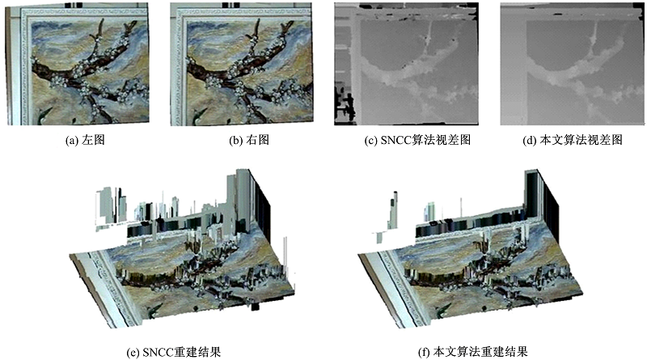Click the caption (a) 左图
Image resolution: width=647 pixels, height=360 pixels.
85,141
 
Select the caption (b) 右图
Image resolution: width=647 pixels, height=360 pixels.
249,141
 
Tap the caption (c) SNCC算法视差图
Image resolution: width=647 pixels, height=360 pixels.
417,141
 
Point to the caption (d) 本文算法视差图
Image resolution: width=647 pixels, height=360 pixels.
573,141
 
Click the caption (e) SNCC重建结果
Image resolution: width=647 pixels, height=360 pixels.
174,352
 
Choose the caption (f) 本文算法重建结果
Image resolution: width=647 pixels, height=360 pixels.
473,352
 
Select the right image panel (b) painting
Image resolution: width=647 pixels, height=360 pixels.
242,64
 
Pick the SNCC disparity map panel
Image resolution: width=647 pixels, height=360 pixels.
407,64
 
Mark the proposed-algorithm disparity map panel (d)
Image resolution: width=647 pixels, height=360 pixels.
573,64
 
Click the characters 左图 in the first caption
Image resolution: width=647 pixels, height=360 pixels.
93,141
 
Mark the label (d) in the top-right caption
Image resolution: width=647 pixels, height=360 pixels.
530,141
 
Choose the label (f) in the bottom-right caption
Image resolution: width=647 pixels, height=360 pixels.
424,352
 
